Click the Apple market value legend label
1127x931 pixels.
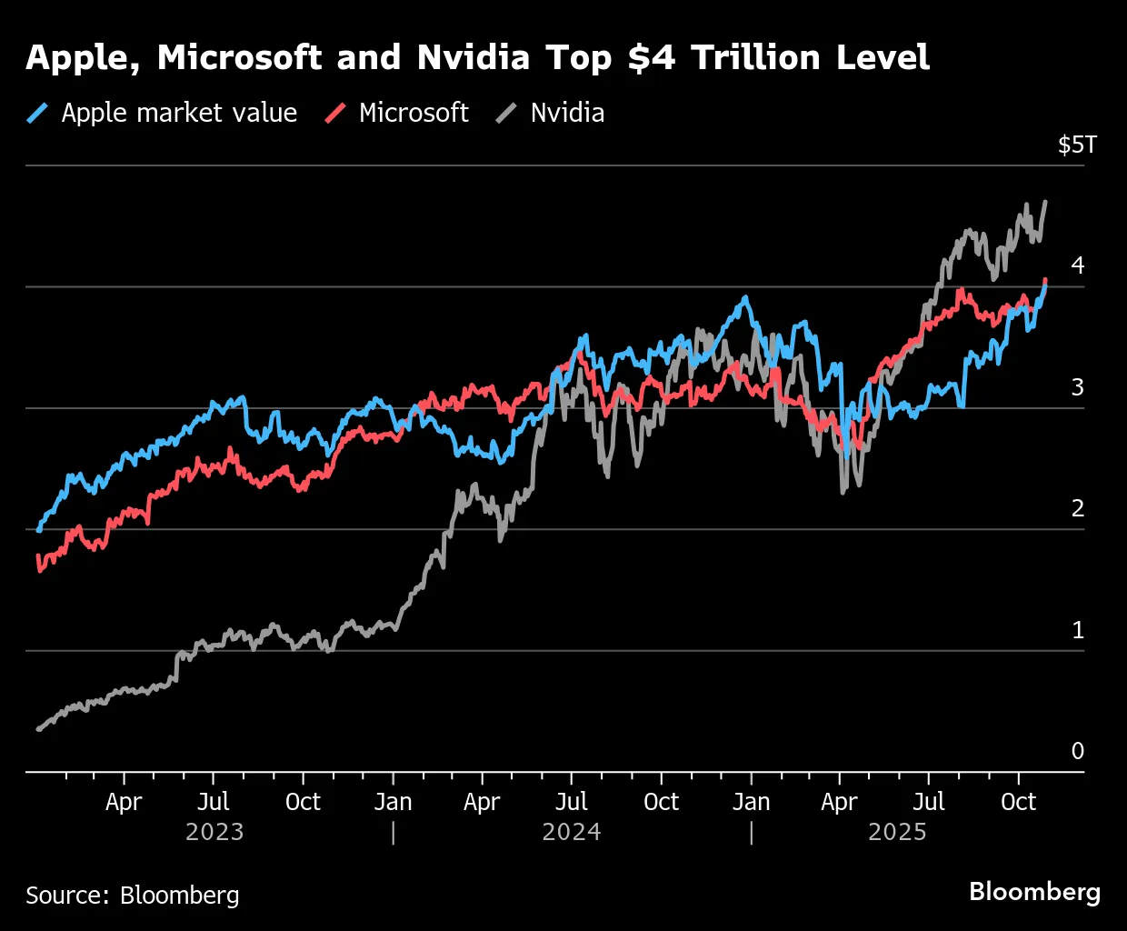[179, 113]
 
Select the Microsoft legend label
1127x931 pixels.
[414, 113]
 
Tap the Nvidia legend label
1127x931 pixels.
[567, 113]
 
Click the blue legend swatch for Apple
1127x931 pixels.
[38, 113]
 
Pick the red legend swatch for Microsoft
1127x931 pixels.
[336, 113]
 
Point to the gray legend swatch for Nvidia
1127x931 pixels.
[506, 113]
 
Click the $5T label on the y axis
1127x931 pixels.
[1077, 145]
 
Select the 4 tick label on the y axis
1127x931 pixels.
[1078, 265]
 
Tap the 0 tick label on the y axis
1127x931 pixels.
[1078, 751]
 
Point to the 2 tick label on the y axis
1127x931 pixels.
[1078, 508]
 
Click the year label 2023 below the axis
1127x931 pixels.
[214, 832]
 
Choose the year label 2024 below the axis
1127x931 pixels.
[572, 832]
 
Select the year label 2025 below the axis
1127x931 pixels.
[897, 832]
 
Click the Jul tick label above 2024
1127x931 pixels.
[572, 802]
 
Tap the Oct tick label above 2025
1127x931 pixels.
[1018, 802]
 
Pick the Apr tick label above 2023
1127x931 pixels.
[124, 802]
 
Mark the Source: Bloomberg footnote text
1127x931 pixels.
[133, 896]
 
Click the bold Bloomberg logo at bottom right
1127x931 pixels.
[1034, 892]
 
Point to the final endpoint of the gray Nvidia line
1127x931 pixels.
[1045, 202]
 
